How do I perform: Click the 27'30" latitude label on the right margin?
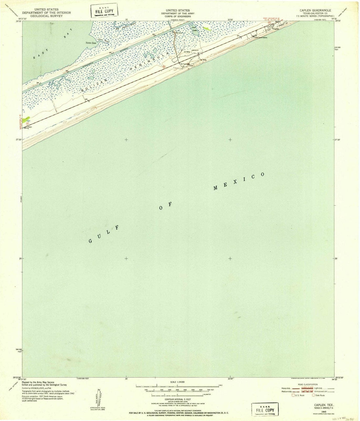(339, 140)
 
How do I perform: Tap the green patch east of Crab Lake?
(207, 29)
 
